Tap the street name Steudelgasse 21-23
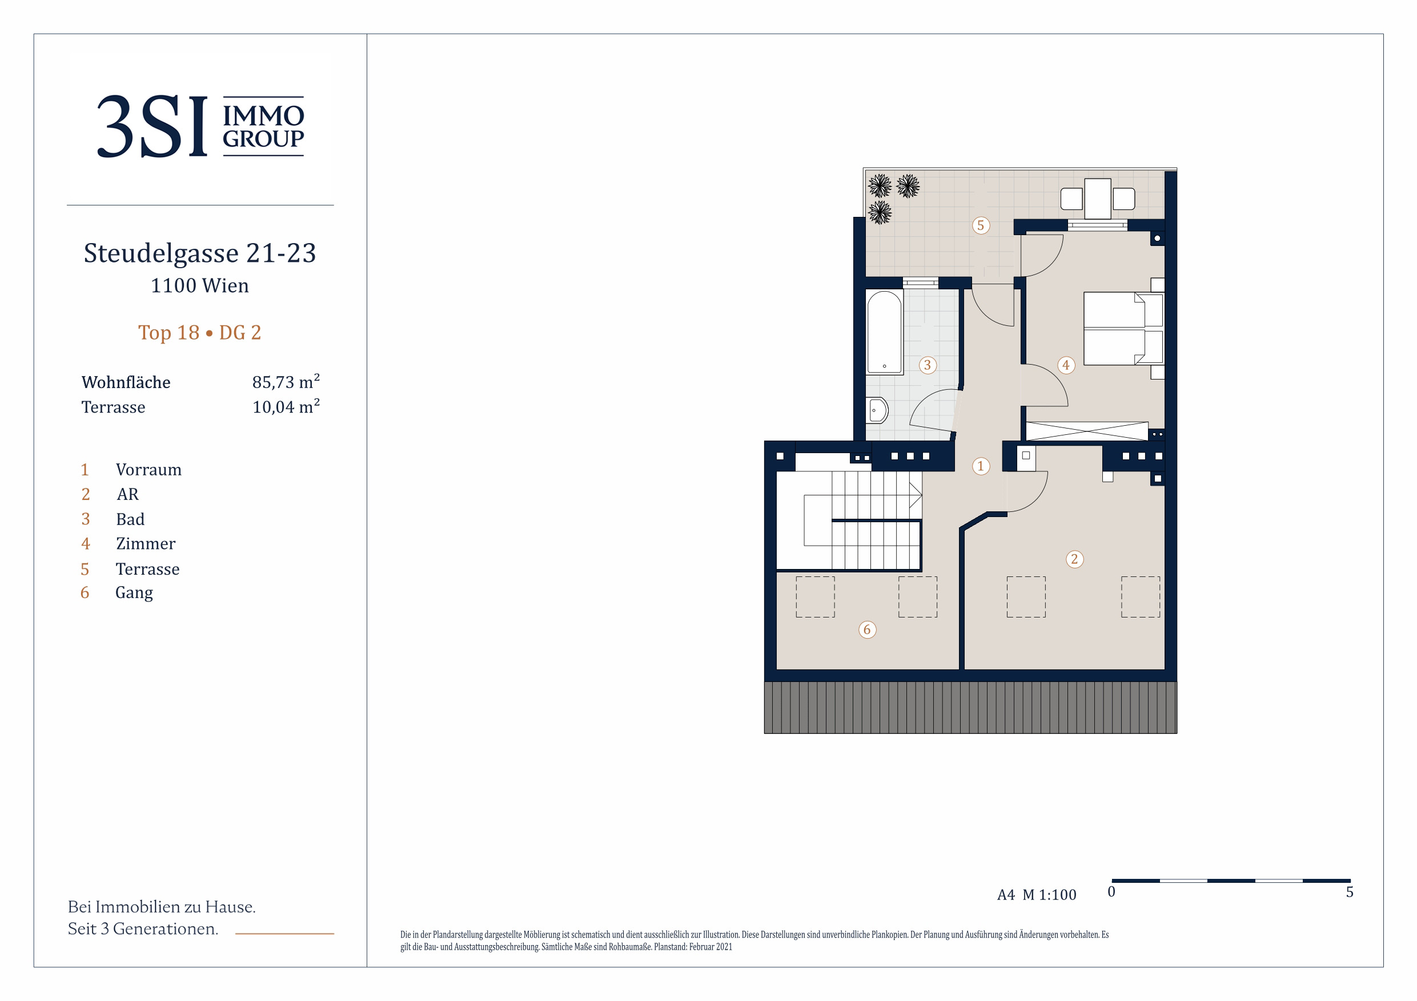[200, 253]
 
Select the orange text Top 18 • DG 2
[199, 333]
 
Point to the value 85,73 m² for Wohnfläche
[286, 381]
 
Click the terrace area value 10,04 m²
[286, 406]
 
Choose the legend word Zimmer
[146, 543]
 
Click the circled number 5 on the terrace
[981, 225]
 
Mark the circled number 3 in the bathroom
[927, 365]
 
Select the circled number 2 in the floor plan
[1074, 559]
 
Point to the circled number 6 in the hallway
[867, 629]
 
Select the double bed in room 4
[1123, 329]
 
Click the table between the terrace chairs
[1097, 199]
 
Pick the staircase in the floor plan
[849, 520]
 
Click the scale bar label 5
[1350, 892]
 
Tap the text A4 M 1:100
[1036, 894]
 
